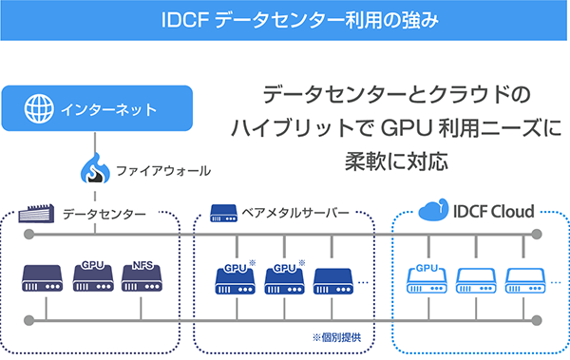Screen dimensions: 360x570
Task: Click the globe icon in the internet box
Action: click(x=37, y=107)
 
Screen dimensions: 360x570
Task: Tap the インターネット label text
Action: click(x=104, y=107)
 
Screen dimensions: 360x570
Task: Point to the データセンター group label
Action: click(x=104, y=215)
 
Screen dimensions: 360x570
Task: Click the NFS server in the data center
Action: click(x=142, y=276)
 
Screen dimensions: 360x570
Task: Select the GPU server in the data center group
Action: click(x=92, y=276)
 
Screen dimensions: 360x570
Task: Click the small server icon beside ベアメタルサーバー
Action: click(x=223, y=210)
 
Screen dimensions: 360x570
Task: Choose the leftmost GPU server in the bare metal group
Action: click(x=233, y=277)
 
